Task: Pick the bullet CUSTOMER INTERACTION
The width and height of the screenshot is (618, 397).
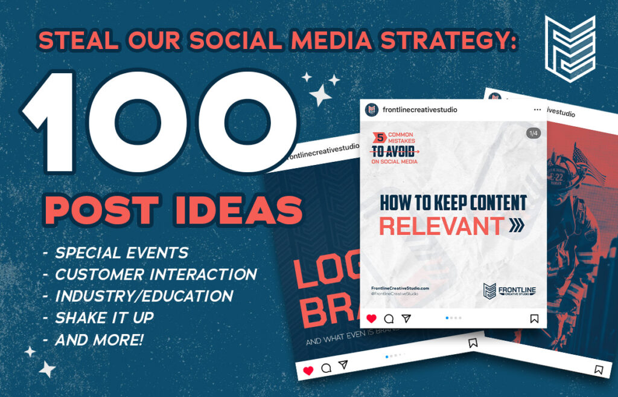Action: (x=156, y=274)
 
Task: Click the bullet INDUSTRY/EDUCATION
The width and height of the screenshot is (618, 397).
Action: (x=144, y=296)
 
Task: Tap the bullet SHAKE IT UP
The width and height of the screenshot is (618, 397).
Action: (x=104, y=318)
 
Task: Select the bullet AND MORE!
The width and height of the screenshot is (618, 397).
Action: (x=99, y=340)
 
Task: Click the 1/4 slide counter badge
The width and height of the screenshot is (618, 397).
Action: (x=533, y=133)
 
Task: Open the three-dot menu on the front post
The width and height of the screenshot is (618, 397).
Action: (x=537, y=110)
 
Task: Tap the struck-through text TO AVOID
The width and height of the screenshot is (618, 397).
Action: (x=392, y=151)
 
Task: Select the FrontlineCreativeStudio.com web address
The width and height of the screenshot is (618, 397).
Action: (x=400, y=288)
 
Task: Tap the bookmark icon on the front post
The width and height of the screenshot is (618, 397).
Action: (x=534, y=318)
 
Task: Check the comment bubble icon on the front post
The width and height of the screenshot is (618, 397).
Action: (x=389, y=318)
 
